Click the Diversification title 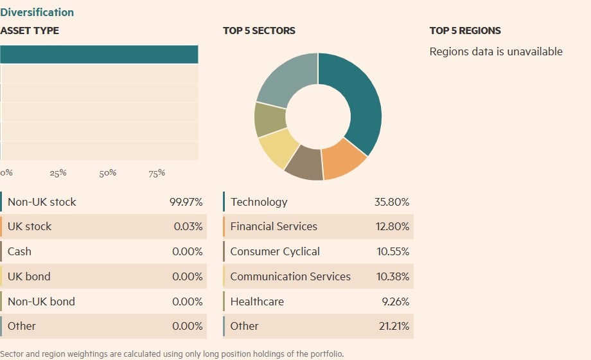(x=37, y=12)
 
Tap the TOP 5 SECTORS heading (x=259, y=30)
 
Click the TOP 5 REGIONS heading (x=465, y=30)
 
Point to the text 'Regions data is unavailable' (x=495, y=51)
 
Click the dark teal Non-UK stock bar (x=99, y=55)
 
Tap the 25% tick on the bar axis (x=58, y=173)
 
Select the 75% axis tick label (x=157, y=173)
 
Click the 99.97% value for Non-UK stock (x=186, y=202)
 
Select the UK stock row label (x=30, y=226)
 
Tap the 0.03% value (x=188, y=226)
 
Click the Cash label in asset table (x=19, y=251)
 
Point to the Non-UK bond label (x=41, y=301)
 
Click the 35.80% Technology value (x=392, y=202)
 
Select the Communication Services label (x=290, y=276)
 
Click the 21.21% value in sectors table (x=393, y=326)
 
